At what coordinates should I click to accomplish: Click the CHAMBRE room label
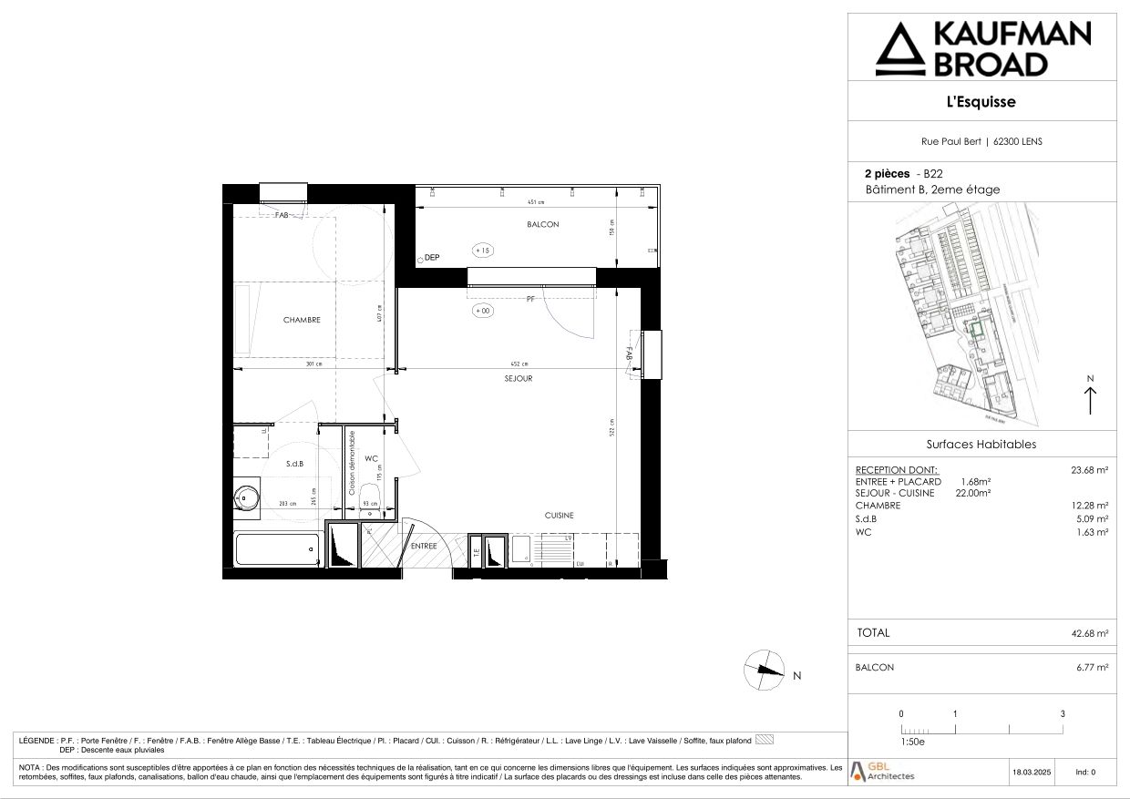click(x=302, y=320)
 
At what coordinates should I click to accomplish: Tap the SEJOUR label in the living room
click(x=518, y=378)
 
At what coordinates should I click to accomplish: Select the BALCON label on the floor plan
click(x=542, y=224)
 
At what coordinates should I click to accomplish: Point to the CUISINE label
click(x=559, y=516)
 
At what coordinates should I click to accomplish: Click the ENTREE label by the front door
click(x=424, y=546)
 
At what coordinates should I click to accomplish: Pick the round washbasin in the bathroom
click(x=246, y=497)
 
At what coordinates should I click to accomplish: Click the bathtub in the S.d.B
click(x=277, y=549)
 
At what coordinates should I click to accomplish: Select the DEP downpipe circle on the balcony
click(x=419, y=260)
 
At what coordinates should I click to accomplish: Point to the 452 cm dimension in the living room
click(x=519, y=364)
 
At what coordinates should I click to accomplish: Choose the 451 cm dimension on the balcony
click(x=535, y=202)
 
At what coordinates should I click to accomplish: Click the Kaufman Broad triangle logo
click(x=898, y=50)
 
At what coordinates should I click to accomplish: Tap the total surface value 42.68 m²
click(x=1089, y=633)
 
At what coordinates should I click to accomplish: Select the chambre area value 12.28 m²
click(x=1090, y=506)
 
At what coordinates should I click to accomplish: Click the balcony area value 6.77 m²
click(x=1092, y=668)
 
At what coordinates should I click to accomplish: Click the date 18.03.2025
click(x=1032, y=773)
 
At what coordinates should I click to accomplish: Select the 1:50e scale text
click(x=912, y=743)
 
